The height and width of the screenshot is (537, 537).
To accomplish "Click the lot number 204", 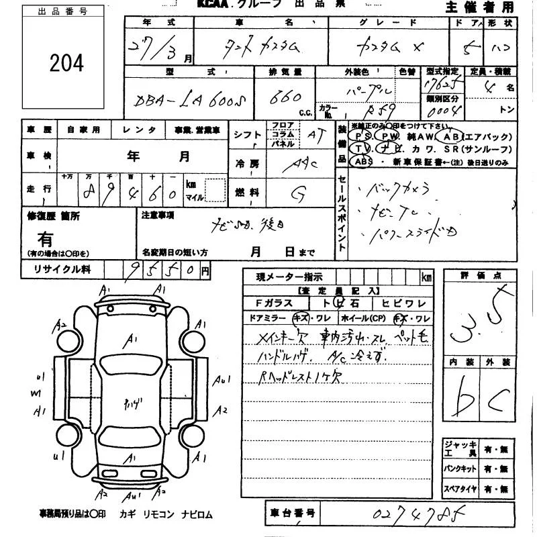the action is (66, 63).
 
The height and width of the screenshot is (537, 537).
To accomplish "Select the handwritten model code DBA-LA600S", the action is (189, 101).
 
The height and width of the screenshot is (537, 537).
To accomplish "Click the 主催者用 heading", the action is (479, 7).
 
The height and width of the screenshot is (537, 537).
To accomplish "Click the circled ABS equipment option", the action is (362, 162).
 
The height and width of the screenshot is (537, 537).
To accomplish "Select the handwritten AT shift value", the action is (313, 134).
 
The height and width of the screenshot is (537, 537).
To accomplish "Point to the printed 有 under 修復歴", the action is (46, 238).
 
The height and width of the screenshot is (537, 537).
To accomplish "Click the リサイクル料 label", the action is (62, 270).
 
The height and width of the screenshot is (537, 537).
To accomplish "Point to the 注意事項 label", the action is (158, 215).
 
